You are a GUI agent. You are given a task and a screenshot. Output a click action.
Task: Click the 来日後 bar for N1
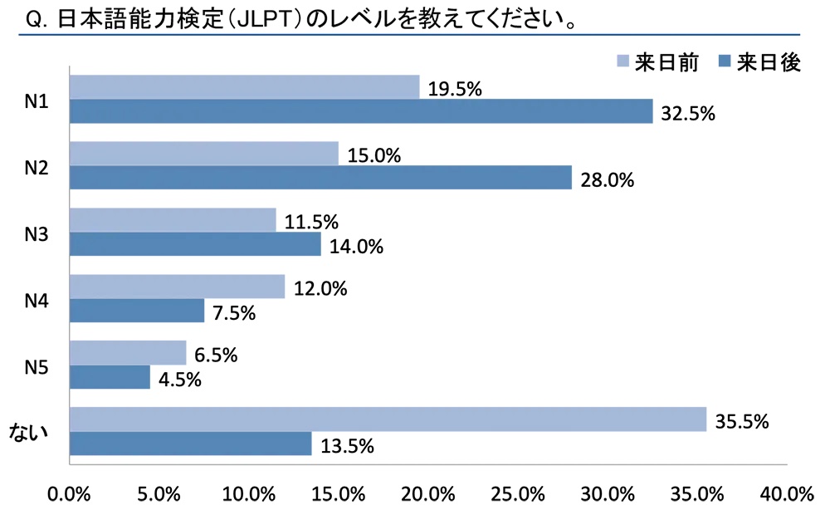361,111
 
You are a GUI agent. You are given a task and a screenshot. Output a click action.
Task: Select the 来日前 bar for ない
388,419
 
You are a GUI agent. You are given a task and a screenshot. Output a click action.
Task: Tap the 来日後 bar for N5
110,377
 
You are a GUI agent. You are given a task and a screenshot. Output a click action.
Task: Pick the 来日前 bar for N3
173,220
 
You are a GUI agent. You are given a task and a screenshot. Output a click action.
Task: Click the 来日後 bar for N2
320,177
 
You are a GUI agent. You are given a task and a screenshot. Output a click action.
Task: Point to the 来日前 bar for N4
177,287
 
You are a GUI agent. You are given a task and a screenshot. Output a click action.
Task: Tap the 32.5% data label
688,114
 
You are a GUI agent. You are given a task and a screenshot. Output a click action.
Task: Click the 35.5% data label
742,421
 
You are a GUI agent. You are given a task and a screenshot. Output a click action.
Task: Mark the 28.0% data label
608,179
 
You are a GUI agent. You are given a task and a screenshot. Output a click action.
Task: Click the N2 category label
36,166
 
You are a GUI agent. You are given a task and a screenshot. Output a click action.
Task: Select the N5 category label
36,365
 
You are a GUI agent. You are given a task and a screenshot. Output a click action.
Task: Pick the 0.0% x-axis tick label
70,493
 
